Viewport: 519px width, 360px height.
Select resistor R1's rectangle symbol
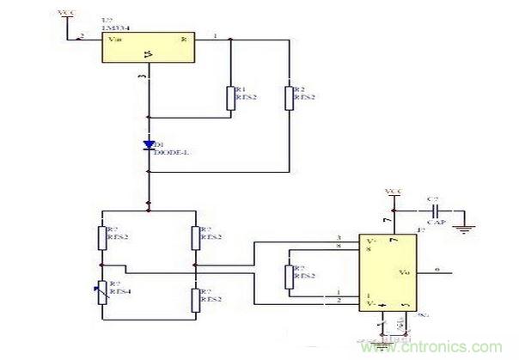pos(231,97)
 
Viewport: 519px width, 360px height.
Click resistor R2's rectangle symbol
pos(289,97)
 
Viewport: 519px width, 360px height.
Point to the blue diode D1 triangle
pos(149,143)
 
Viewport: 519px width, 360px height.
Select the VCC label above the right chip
pos(394,191)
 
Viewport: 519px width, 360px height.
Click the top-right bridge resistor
pos(195,236)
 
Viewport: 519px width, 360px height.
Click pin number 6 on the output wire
pos(438,269)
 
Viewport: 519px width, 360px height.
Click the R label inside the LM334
pos(183,40)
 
